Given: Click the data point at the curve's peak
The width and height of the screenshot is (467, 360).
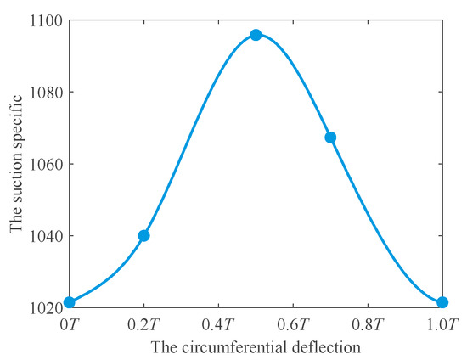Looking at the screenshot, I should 256,35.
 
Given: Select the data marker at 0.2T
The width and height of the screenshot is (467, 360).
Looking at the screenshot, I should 143,235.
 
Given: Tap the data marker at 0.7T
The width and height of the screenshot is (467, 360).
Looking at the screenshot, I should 330,137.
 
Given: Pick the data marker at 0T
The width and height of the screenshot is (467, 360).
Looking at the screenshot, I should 70,301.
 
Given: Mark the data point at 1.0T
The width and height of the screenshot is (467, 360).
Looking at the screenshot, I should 442,302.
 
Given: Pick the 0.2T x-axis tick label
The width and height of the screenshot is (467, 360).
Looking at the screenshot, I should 143,324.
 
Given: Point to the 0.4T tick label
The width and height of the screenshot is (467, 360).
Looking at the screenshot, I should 218,324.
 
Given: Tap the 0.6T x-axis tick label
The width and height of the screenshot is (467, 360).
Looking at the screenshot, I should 293,324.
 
